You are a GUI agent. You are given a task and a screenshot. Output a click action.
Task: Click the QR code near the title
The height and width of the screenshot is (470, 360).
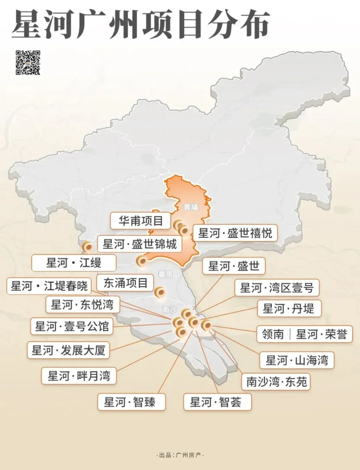click(28, 62)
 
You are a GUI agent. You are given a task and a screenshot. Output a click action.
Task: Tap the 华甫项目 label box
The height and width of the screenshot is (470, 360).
click(141, 221)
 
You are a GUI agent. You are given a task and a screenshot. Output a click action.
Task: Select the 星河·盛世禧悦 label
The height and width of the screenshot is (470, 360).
click(235, 233)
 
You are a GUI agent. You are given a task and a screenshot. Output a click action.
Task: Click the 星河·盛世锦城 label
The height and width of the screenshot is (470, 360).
click(139, 244)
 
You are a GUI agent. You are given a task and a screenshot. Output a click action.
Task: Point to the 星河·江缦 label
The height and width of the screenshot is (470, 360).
click(74, 263)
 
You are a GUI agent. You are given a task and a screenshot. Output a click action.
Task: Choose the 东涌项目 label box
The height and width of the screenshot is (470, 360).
click(125, 283)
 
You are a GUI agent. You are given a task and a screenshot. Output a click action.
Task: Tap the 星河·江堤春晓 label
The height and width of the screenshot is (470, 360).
click(49, 286)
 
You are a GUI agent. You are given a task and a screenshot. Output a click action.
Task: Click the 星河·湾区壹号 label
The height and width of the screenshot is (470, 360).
click(276, 288)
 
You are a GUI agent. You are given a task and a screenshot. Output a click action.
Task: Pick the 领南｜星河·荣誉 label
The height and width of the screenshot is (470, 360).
click(304, 334)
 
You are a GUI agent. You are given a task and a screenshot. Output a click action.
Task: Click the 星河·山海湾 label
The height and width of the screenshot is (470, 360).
click(297, 360)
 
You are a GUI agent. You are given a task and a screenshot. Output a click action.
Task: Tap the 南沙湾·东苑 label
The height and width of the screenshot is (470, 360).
click(276, 382)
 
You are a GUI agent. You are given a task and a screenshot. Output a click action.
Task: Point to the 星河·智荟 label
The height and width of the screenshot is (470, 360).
click(217, 402)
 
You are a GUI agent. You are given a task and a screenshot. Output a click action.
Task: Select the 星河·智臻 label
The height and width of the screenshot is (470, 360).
click(131, 402)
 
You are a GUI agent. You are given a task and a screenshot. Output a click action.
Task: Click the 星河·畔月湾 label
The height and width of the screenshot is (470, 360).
click(79, 376)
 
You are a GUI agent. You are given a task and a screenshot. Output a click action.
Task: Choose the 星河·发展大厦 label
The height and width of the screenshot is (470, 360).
click(69, 350)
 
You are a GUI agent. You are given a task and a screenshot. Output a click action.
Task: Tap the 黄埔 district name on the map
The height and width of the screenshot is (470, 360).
click(191, 207)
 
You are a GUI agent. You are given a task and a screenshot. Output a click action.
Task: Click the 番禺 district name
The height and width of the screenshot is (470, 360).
click(165, 274)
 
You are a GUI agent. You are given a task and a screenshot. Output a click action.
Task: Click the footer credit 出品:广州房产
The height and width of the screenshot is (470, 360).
click(180, 455)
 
